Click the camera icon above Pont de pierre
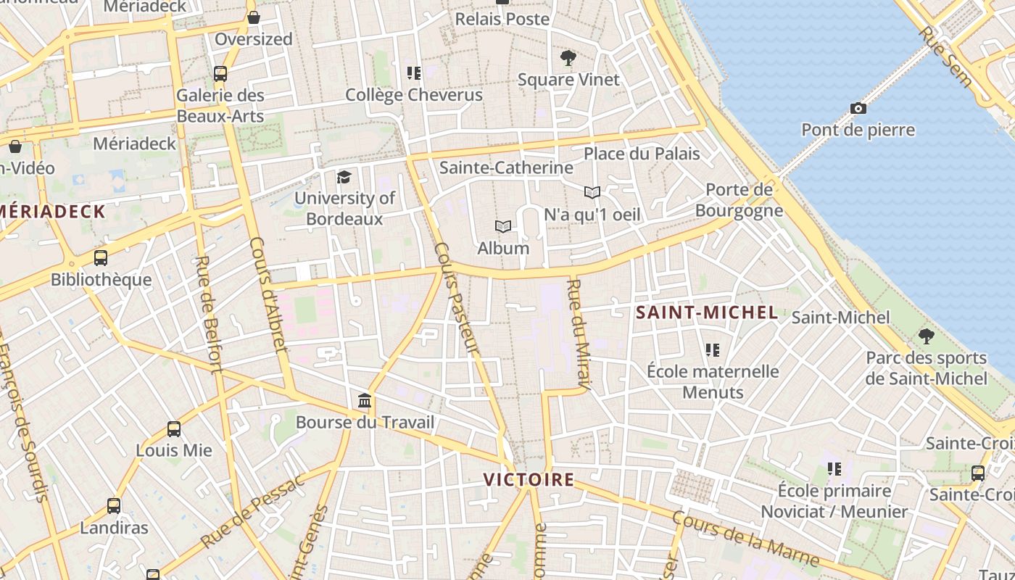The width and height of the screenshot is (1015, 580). [x=858, y=109]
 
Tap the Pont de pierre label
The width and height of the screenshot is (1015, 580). [x=858, y=130]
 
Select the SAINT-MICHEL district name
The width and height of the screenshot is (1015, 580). [x=707, y=313]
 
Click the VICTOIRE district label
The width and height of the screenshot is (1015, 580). [x=529, y=480]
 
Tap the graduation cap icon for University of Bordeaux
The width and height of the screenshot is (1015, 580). [x=344, y=177]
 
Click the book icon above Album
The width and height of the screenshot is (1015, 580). [x=503, y=227]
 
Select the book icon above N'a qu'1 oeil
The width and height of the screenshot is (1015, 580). [x=592, y=193]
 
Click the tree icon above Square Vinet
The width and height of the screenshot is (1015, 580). [x=568, y=58]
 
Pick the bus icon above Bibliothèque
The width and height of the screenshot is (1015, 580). [x=101, y=258]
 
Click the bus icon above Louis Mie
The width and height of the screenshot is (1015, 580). [x=174, y=429]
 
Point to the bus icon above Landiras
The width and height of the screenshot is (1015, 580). [x=114, y=506]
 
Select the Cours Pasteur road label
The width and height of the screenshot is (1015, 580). [x=457, y=299]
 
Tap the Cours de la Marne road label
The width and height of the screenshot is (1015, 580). [x=745, y=539]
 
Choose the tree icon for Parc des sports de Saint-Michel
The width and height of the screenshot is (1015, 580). [x=926, y=336]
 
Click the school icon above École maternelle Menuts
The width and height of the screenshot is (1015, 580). [x=713, y=350]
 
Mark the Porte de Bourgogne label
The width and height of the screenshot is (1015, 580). [x=739, y=200]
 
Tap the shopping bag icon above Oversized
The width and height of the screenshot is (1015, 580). [x=254, y=17]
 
